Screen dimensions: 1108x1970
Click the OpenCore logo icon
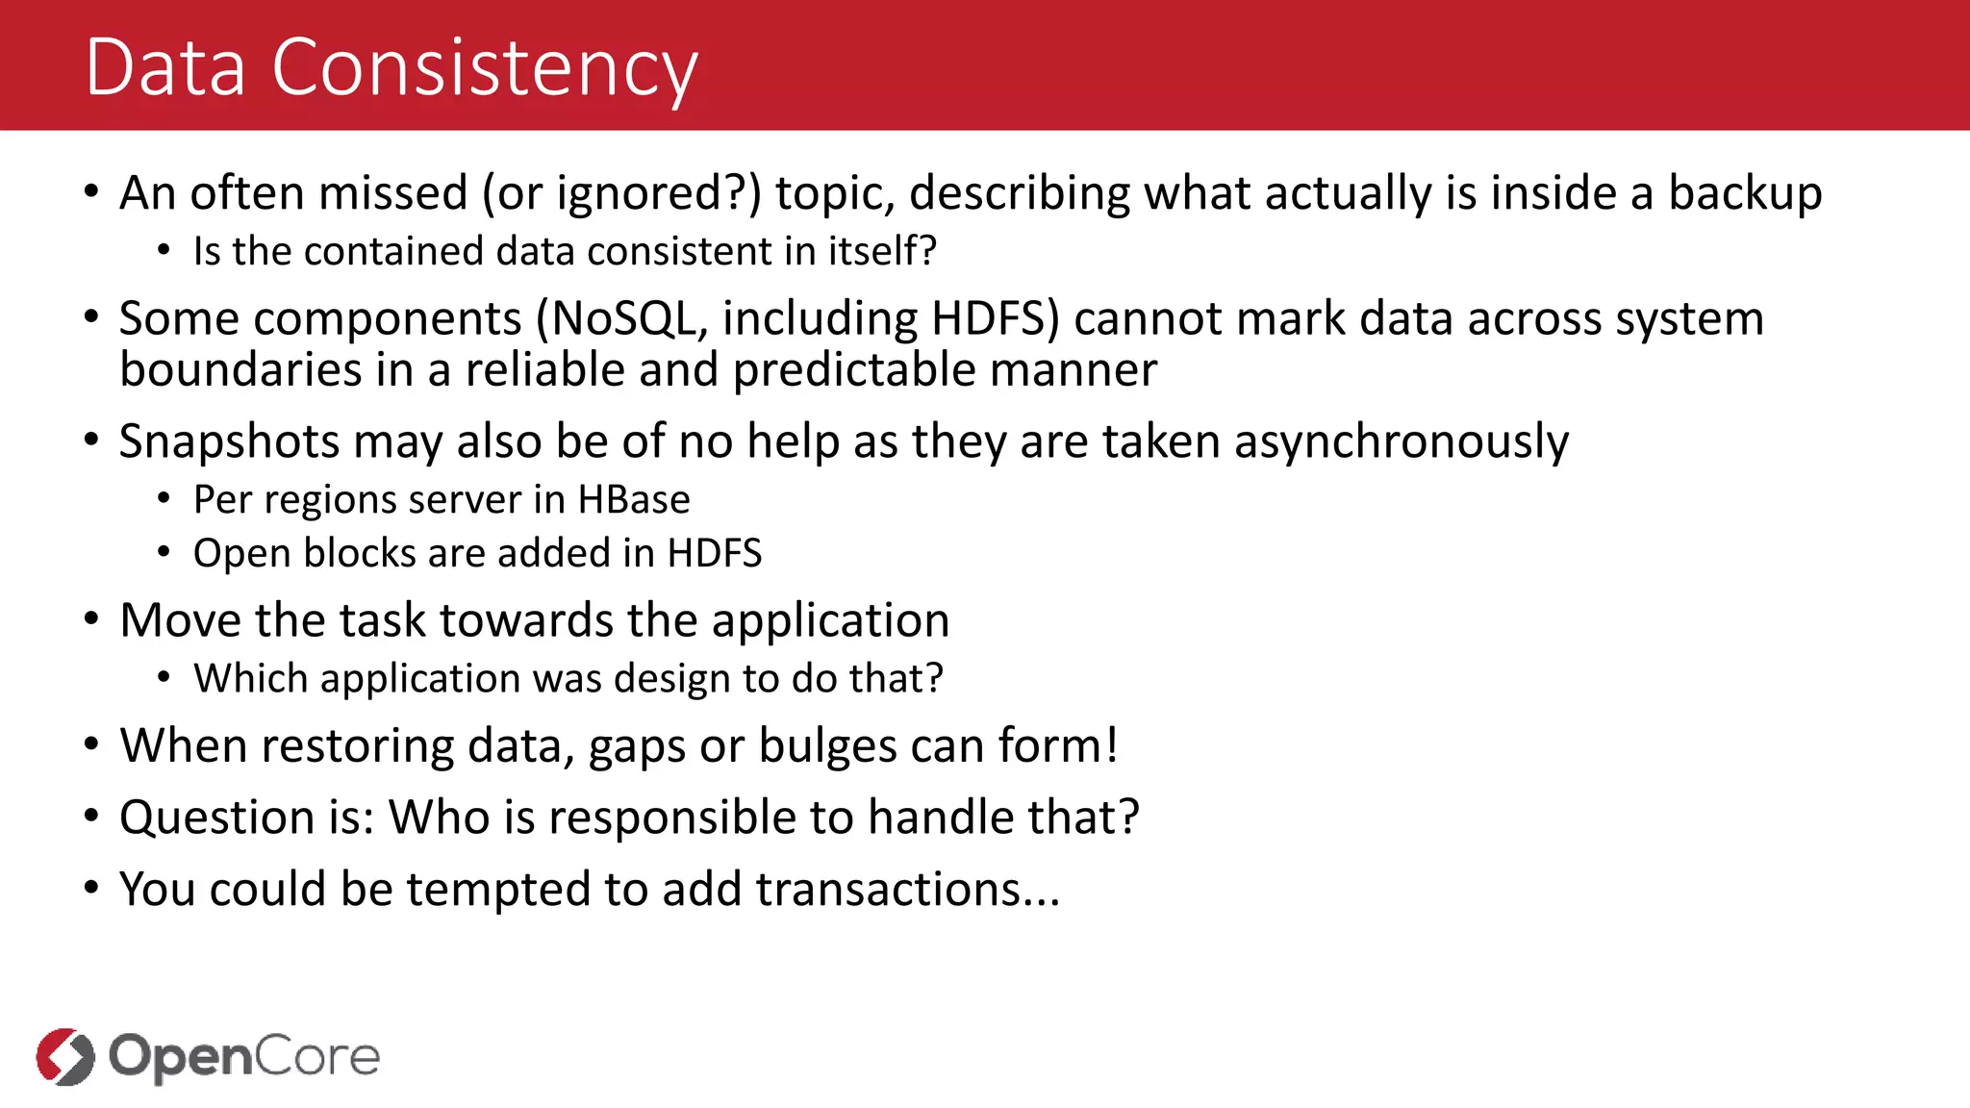65,1056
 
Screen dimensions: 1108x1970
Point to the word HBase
634,500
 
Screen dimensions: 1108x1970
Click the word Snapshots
229,442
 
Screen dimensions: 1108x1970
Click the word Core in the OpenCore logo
317,1056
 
